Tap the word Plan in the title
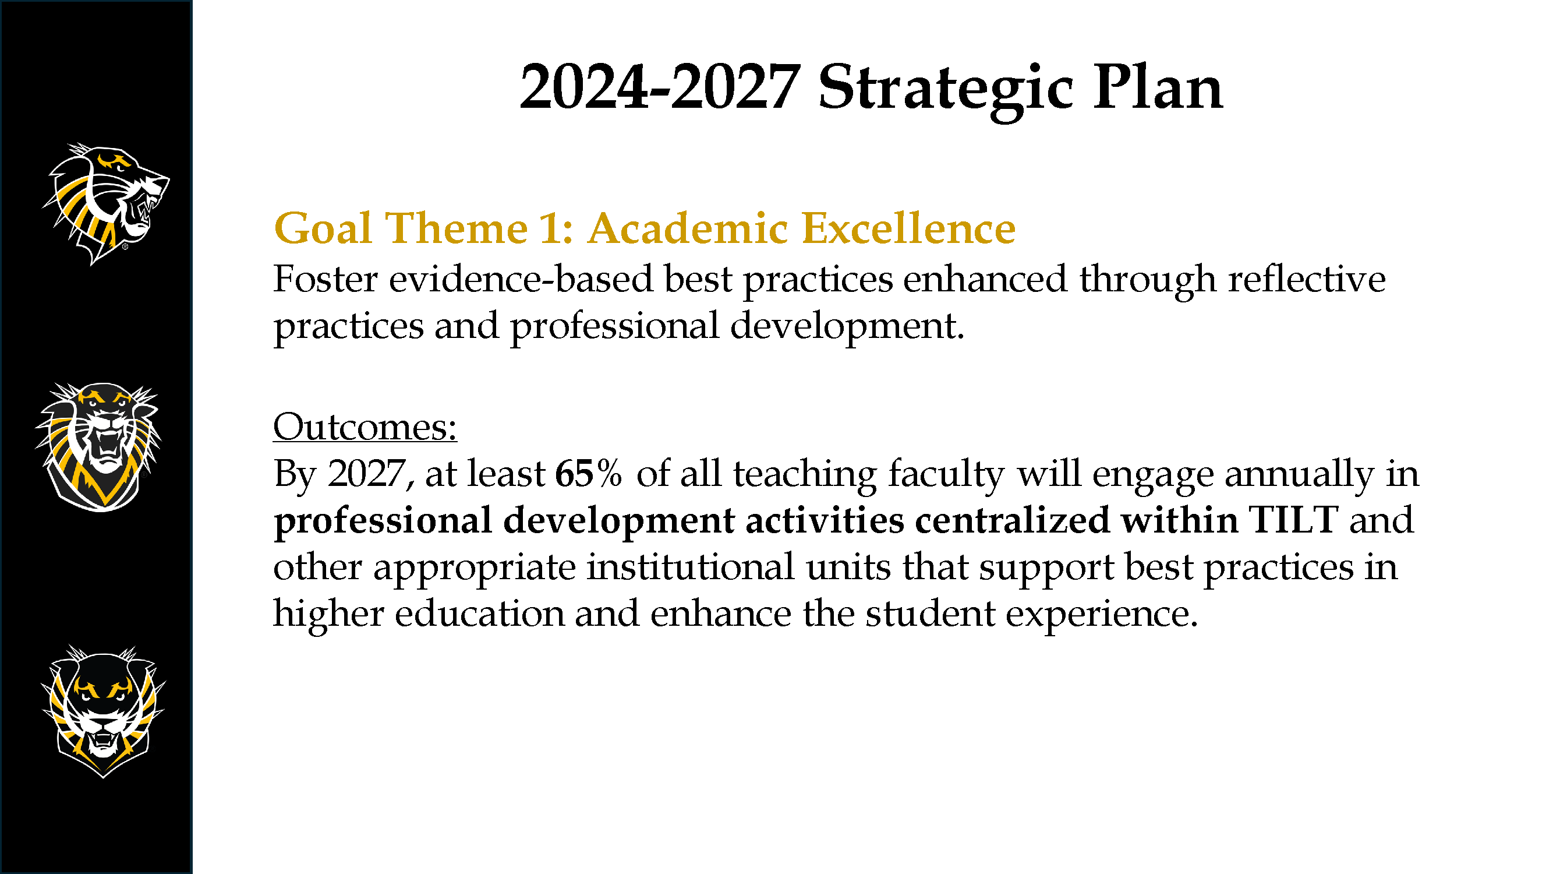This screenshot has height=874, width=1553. pyautogui.click(x=1158, y=87)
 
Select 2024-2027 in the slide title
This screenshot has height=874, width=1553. pyautogui.click(x=660, y=88)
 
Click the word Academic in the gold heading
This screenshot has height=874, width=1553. pyautogui.click(x=688, y=228)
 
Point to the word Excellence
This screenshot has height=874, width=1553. pyautogui.click(x=909, y=228)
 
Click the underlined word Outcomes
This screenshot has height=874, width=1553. pyautogui.click(x=365, y=427)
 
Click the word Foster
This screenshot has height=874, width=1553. pyautogui.click(x=326, y=279)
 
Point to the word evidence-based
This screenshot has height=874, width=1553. pyautogui.click(x=521, y=279)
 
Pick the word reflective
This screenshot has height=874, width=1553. pyautogui.click(x=1307, y=279)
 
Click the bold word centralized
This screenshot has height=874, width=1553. pyautogui.click(x=1012, y=519)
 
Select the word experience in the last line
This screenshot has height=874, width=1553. pyautogui.click(x=1101, y=615)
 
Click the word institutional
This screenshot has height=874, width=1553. pyautogui.click(x=691, y=566)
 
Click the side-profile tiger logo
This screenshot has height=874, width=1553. pyautogui.click(x=105, y=203)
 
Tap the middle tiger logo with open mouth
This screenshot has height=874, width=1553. pyautogui.click(x=98, y=447)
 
